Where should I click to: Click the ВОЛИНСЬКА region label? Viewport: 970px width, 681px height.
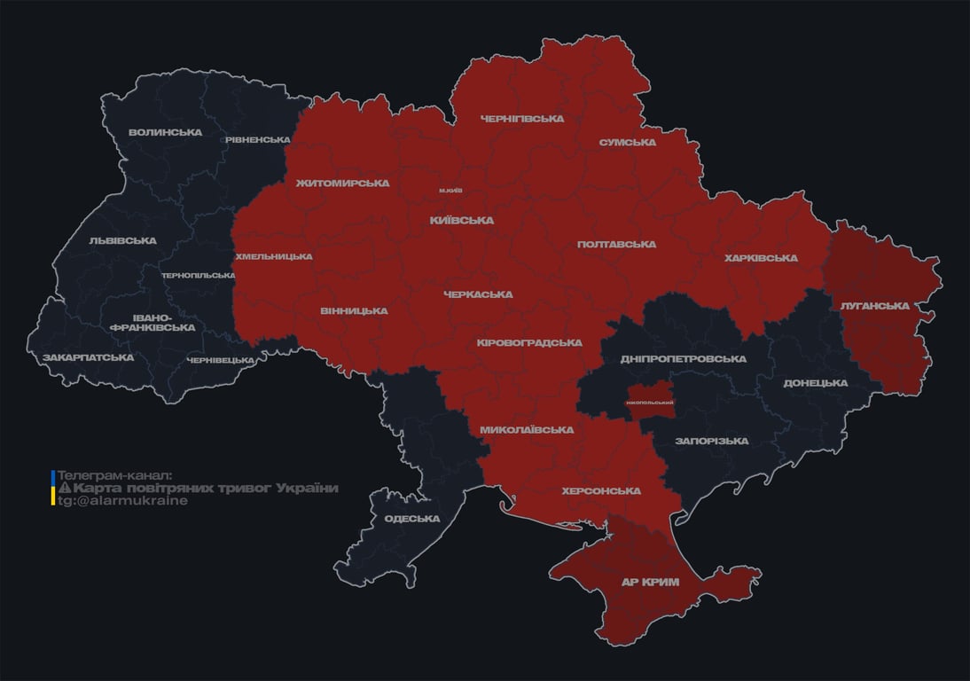click(165, 132)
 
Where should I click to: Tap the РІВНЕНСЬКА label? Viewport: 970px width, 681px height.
click(257, 140)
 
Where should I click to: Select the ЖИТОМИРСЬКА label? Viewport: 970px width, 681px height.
click(342, 184)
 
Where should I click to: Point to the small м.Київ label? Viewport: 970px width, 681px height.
click(450, 191)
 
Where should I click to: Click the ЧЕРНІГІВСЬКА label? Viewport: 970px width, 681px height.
click(522, 119)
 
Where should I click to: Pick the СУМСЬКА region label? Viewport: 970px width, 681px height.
click(628, 142)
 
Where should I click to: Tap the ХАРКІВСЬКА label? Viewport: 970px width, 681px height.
click(761, 258)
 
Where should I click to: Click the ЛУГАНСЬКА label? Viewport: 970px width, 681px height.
click(875, 306)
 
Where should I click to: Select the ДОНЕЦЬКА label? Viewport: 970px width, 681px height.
click(816, 383)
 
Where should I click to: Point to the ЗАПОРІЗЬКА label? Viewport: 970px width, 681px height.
click(711, 441)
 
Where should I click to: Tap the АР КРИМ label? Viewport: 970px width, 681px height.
click(649, 583)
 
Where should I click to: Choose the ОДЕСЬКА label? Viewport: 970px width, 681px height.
click(412, 519)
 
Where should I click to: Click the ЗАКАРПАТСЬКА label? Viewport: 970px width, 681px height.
click(89, 357)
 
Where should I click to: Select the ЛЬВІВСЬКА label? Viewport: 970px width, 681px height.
click(122, 240)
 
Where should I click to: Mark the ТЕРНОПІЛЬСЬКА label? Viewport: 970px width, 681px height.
click(199, 275)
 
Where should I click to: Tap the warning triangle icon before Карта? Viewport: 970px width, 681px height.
click(65, 489)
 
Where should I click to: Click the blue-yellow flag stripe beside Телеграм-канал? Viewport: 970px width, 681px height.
click(53, 488)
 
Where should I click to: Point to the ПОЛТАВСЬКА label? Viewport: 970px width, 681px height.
click(616, 244)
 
